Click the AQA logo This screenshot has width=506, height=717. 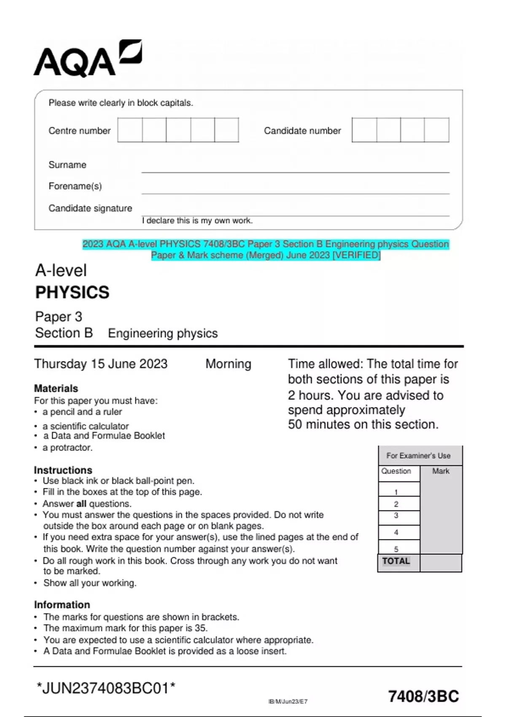pyautogui.click(x=87, y=59)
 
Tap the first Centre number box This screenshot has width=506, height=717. pyautogui.click(x=130, y=130)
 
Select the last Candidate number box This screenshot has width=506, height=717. pyautogui.click(x=437, y=130)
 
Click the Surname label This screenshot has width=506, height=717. pyautogui.click(x=67, y=165)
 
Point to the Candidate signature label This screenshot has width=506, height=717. pyautogui.click(x=90, y=208)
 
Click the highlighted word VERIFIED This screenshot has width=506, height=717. pyautogui.click(x=357, y=255)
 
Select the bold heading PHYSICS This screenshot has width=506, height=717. pyautogui.click(x=72, y=292)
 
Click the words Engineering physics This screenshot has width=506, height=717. pyautogui.click(x=163, y=333)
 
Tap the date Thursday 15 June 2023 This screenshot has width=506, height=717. pyautogui.click(x=101, y=364)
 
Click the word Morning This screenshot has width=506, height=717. pyautogui.click(x=228, y=364)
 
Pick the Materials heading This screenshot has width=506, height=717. pyautogui.click(x=56, y=388)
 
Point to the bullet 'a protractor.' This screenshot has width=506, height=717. pyautogui.click(x=67, y=447)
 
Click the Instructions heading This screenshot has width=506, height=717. pyautogui.click(x=63, y=470)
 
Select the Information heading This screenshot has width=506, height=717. pyautogui.click(x=62, y=605)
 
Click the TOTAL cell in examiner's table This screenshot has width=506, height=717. pyautogui.click(x=396, y=561)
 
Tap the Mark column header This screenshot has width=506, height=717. pyautogui.click(x=441, y=471)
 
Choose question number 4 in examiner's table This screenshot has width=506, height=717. pyautogui.click(x=396, y=532)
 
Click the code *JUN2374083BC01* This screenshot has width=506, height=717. pyautogui.click(x=106, y=688)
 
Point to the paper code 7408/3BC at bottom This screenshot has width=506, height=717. pyautogui.click(x=423, y=696)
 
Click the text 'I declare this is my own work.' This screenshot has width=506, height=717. pyautogui.click(x=197, y=221)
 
